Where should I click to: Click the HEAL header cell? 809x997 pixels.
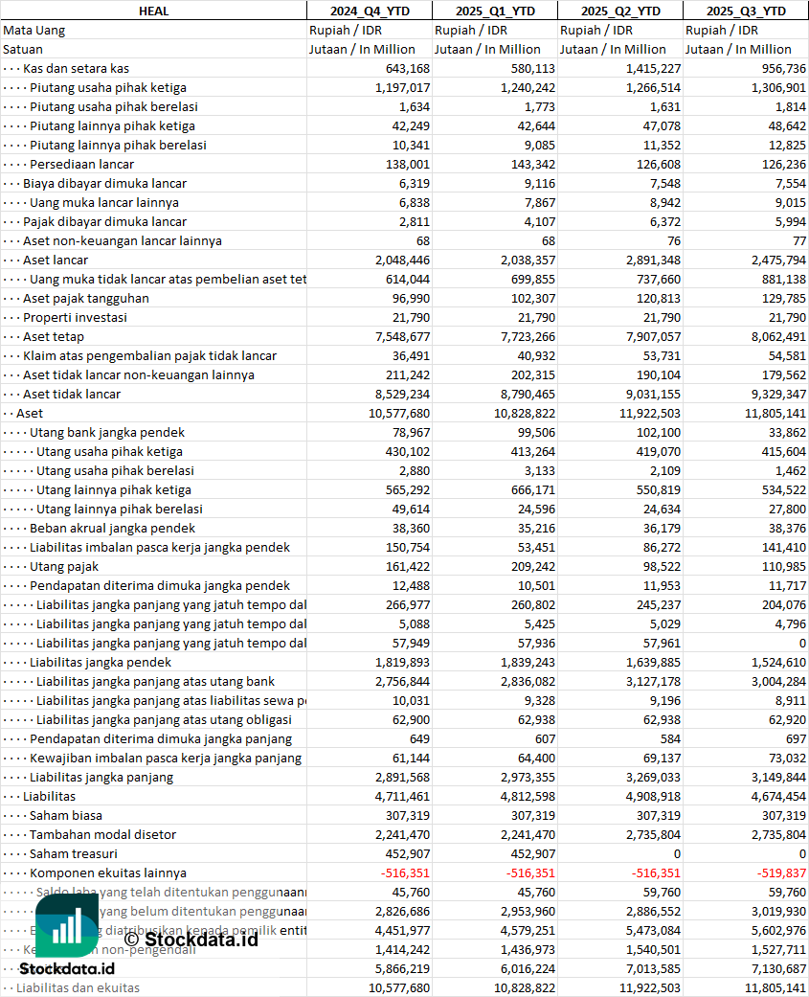153,11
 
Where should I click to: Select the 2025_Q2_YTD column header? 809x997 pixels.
620,11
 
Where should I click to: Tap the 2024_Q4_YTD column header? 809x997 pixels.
369,11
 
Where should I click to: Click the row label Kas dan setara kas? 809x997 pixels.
77,68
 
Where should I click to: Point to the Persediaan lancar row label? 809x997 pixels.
81,164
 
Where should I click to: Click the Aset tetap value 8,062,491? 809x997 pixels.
776,336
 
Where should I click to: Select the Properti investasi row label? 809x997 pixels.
76,317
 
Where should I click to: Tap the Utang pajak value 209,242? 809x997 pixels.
528,566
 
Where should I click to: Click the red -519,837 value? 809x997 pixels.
776,872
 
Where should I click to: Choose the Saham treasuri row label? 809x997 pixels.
74,853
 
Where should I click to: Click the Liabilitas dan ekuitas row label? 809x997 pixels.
78,987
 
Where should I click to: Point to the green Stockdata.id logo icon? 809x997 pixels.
67,925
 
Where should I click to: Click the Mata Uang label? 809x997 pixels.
34,30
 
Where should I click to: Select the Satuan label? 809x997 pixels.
23,49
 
